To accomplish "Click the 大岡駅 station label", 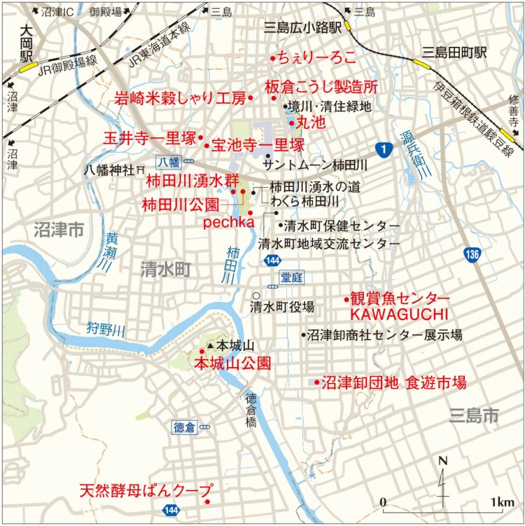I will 27,43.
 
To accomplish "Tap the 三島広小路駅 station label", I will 302,28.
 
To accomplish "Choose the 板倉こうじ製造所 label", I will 321,88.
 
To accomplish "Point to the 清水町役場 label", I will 283,306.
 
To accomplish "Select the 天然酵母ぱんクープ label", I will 145,489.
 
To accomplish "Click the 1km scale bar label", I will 503,502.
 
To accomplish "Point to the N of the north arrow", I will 442,461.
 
